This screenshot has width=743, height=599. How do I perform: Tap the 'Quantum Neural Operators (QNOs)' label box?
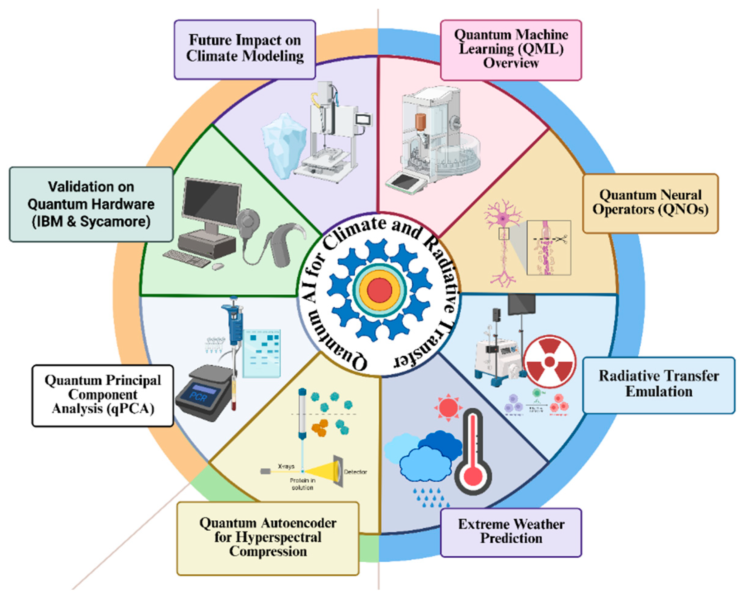[x=650, y=203]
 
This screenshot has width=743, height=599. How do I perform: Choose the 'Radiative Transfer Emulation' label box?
[x=659, y=385]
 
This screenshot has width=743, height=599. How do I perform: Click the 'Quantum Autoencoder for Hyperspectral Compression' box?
[x=268, y=538]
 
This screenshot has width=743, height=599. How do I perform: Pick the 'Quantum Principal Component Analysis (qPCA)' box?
[x=103, y=395]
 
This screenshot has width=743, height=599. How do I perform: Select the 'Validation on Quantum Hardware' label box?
[x=91, y=204]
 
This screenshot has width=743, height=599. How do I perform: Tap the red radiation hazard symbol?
[x=550, y=362]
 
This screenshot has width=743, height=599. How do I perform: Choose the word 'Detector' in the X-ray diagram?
[x=355, y=472]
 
